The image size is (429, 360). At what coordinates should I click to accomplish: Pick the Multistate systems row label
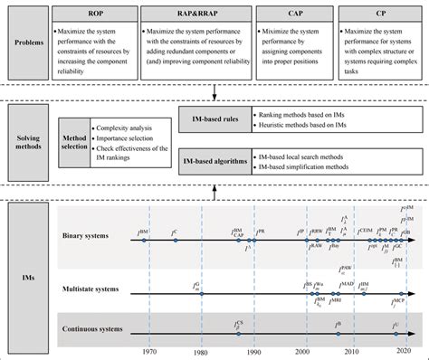(x=97, y=289)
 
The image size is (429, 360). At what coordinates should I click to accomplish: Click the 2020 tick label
(x=405, y=351)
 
